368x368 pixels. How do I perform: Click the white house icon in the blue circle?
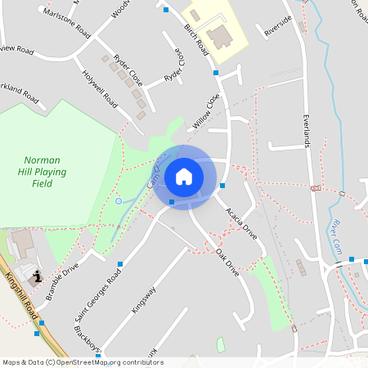tap(184, 176)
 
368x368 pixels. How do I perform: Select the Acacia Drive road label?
tap(241, 220)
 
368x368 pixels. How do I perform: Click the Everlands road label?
tap(308, 131)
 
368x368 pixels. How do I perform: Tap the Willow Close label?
tap(207, 111)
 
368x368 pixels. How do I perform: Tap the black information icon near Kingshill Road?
tap(36, 278)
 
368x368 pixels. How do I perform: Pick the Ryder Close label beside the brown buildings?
tap(128, 72)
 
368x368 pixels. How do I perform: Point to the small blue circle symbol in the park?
tap(119, 200)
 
